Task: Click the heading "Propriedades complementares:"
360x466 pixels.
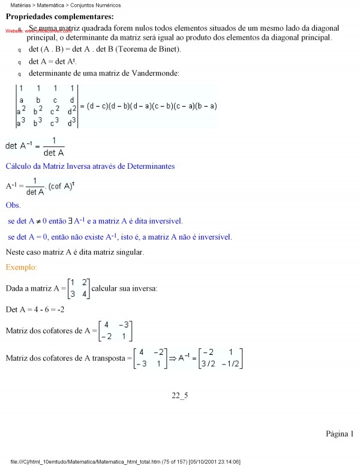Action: pyautogui.click(x=51, y=17)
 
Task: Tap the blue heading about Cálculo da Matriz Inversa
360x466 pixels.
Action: pyautogui.click(x=90, y=166)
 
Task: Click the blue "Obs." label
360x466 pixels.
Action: pyautogui.click(x=13, y=205)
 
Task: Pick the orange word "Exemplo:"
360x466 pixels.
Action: pyautogui.click(x=22, y=267)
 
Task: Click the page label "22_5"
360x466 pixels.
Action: pyautogui.click(x=180, y=395)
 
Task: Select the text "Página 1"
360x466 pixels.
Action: pyautogui.click(x=340, y=434)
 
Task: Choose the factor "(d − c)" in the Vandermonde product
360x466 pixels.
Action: pyautogui.click(x=97, y=106)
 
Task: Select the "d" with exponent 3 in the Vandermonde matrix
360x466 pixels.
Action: pyautogui.click(x=72, y=123)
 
